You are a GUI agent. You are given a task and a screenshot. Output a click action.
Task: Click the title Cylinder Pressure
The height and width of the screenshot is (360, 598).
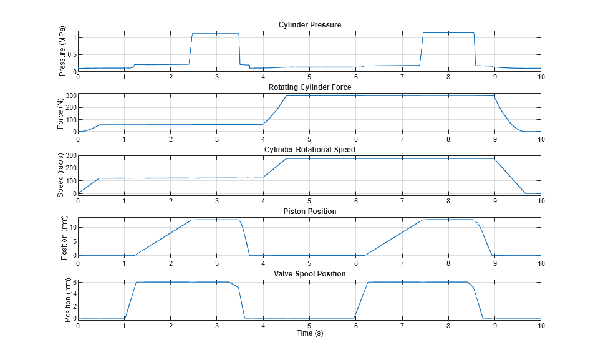[x=309, y=25]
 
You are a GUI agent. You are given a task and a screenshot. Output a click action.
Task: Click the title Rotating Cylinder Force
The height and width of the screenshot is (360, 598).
[x=309, y=87]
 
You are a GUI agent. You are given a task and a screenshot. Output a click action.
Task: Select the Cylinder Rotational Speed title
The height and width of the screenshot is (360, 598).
[x=309, y=150]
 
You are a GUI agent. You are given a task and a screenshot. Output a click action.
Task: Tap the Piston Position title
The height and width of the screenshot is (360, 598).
[x=309, y=212]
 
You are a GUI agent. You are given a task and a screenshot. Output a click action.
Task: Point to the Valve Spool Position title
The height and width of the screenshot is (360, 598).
[x=309, y=274]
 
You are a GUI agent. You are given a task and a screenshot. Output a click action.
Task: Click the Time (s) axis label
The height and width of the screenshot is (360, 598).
[x=309, y=333]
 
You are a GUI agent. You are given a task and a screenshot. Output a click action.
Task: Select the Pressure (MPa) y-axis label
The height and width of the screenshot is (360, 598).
[x=62, y=51]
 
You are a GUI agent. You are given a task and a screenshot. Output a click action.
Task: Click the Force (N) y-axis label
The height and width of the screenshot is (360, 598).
[x=60, y=114]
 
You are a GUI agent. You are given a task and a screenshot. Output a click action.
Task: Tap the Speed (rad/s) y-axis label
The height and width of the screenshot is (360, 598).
[x=61, y=175]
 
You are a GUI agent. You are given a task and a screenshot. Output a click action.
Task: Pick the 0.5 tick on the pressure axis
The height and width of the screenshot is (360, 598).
[x=70, y=54]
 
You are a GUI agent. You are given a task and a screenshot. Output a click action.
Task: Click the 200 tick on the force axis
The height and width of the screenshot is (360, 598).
[x=69, y=107]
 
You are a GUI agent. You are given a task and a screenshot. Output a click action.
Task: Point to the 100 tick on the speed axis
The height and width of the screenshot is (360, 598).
[x=69, y=181]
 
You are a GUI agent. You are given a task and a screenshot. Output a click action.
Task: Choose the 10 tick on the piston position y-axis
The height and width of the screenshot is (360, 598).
[x=70, y=228]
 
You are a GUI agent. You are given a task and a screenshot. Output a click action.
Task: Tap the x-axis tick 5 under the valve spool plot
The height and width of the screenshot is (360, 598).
[x=309, y=326]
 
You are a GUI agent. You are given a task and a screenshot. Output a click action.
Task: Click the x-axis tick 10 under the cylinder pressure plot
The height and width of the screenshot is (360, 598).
[x=540, y=77]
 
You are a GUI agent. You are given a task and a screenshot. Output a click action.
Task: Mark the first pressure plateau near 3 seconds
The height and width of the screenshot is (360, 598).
[x=216, y=34]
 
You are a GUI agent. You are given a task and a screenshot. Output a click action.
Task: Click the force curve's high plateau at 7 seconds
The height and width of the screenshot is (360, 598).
[x=402, y=95]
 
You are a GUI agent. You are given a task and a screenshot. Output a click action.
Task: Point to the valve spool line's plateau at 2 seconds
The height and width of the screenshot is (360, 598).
[x=170, y=282]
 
